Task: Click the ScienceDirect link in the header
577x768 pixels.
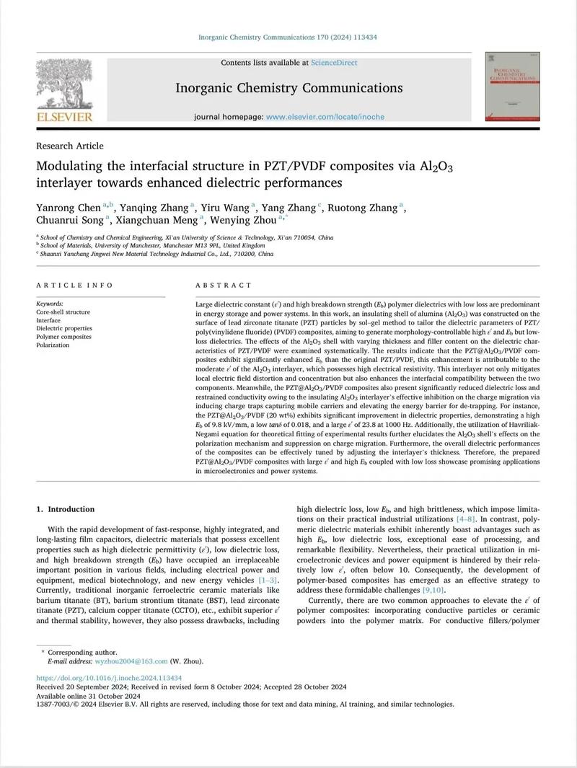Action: [334, 63]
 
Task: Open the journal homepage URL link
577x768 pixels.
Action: [325, 117]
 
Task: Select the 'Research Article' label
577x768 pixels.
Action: [70, 146]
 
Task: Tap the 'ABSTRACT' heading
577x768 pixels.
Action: [222, 286]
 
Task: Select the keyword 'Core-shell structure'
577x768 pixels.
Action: [63, 312]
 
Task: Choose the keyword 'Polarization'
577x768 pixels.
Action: [53, 345]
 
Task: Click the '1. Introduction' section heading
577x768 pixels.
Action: [66, 509]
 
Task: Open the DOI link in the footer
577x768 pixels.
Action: [109, 679]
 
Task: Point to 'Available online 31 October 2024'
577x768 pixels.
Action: [89, 696]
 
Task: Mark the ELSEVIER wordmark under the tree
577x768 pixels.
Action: [64, 117]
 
